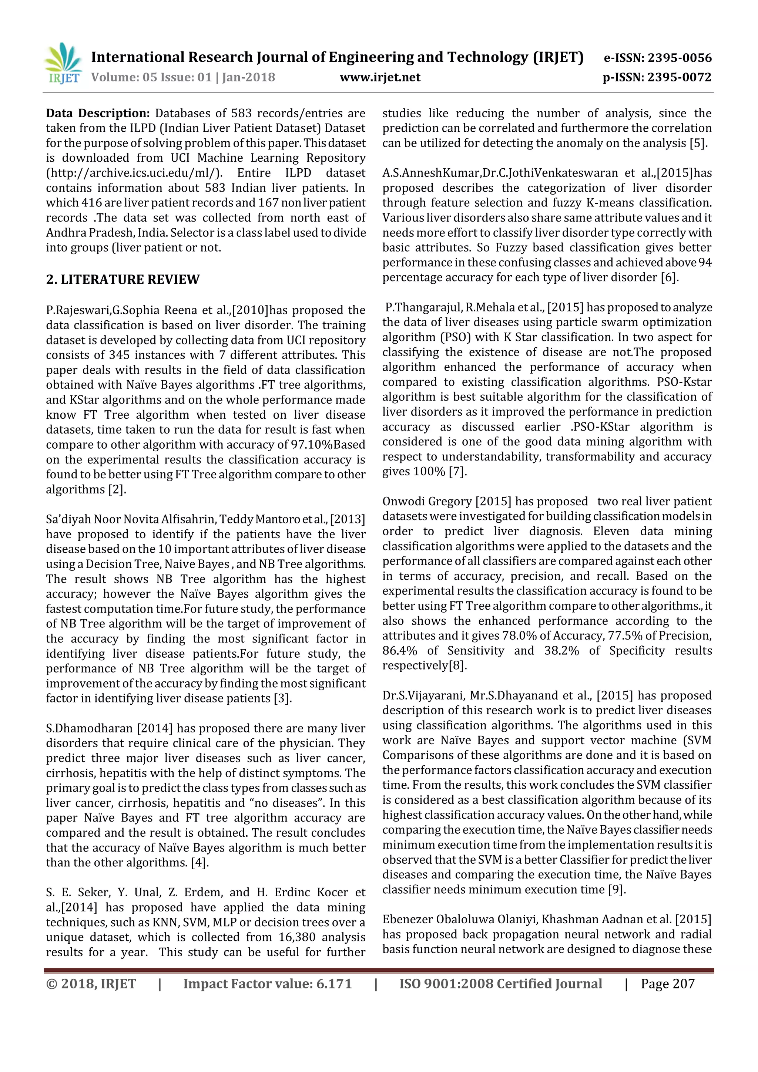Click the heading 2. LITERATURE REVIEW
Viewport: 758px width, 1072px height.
tap(123, 279)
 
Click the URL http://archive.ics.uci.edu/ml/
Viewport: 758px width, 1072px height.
tap(134, 173)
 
